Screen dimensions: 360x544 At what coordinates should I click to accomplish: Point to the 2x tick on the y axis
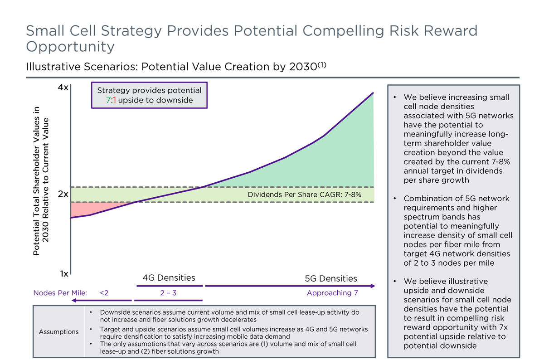click(63, 194)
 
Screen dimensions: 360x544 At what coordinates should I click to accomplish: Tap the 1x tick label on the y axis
click(63, 274)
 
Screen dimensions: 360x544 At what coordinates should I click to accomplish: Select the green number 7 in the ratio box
click(108, 100)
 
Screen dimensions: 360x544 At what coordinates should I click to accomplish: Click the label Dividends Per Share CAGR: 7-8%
click(304, 195)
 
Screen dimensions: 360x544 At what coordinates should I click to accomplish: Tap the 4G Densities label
click(169, 277)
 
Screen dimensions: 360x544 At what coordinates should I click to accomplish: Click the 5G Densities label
click(331, 278)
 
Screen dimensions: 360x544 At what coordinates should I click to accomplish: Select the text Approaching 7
click(332, 293)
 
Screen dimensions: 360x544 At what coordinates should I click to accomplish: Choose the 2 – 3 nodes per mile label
click(168, 293)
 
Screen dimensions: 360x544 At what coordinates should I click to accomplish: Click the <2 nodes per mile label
click(104, 293)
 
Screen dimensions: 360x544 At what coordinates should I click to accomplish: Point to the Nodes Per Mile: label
click(60, 293)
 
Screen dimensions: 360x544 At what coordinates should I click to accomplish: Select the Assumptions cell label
click(58, 331)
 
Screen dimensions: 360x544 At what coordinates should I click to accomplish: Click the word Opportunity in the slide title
click(70, 47)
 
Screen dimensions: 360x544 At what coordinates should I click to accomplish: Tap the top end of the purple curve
click(373, 93)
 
